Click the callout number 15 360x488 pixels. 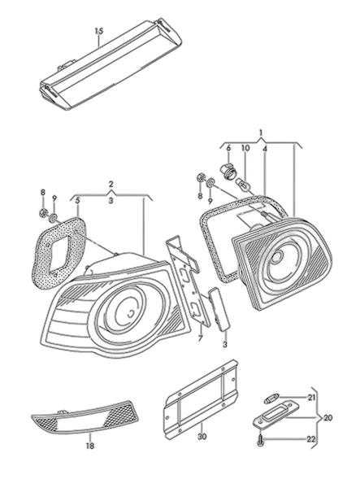pyautogui.click(x=99, y=32)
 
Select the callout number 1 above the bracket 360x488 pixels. pyautogui.click(x=261, y=133)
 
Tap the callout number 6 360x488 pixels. pyautogui.click(x=228, y=148)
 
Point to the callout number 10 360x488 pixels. pyautogui.click(x=245, y=148)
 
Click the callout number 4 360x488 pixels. pyautogui.click(x=265, y=150)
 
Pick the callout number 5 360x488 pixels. pyautogui.click(x=78, y=200)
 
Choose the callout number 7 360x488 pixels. pyautogui.click(x=201, y=338)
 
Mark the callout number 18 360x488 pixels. pyautogui.click(x=90, y=446)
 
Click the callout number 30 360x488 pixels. pyautogui.click(x=202, y=437)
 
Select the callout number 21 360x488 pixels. pyautogui.click(x=311, y=398)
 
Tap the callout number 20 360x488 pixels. pyautogui.click(x=327, y=418)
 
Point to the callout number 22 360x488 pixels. pyautogui.click(x=311, y=439)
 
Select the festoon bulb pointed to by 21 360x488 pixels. pyautogui.click(x=271, y=399)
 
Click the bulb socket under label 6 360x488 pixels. pyautogui.click(x=227, y=171)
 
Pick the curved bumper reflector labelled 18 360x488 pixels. pyautogui.click(x=85, y=418)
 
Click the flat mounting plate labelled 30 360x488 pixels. pyautogui.click(x=202, y=399)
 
